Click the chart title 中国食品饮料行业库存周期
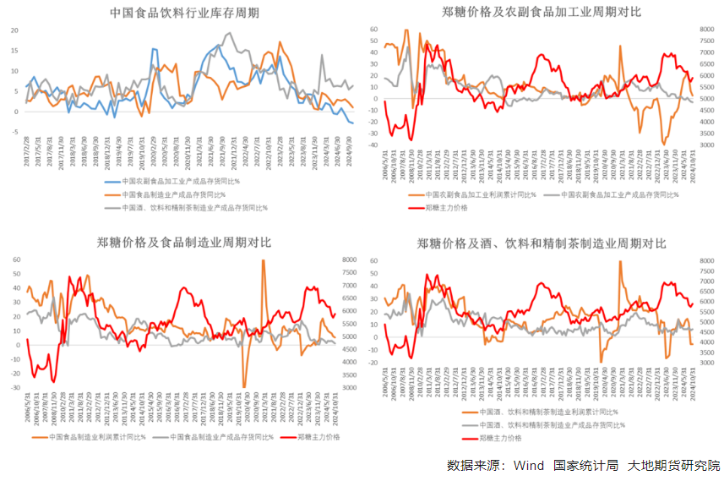[183, 13]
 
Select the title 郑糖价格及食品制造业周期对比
[183, 243]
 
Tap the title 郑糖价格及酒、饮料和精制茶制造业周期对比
[542, 243]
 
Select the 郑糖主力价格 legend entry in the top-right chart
[448, 206]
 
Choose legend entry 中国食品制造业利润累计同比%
[99, 437]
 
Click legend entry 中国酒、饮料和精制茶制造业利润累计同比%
[540, 412]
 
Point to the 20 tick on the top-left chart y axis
[14, 30]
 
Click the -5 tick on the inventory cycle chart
[14, 132]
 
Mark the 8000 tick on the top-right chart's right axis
[708, 30]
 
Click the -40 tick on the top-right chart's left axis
[373, 145]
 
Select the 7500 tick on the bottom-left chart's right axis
[350, 273]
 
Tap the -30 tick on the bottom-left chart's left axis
[15, 387]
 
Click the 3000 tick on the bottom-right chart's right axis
[708, 363]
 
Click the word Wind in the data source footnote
[528, 465]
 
